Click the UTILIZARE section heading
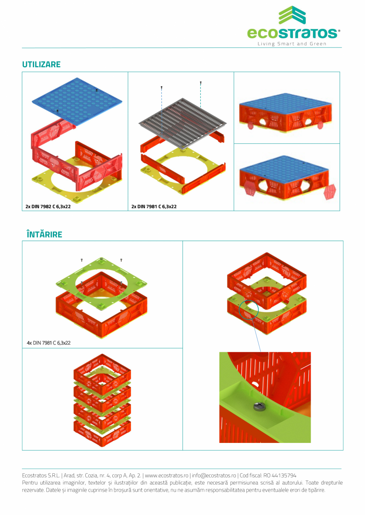pos(41,65)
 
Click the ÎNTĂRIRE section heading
pos(44,235)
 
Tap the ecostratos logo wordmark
pos(293,33)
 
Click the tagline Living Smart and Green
pos(292,44)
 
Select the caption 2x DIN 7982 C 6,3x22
pos(48,206)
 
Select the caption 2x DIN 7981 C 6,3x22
pos(154,206)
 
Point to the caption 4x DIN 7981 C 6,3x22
pos(48,343)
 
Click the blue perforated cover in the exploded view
pos(77,101)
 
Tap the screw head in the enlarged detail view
pos(259,406)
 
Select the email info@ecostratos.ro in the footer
pos(214,475)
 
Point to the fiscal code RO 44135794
pos(280,475)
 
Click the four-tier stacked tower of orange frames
pos(102,400)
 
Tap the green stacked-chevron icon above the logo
pos(292,15)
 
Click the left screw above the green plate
pos(81,260)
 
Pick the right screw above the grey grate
pos(201,83)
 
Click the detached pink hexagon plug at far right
pos(330,191)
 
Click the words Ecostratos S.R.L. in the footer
pos(41,475)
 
